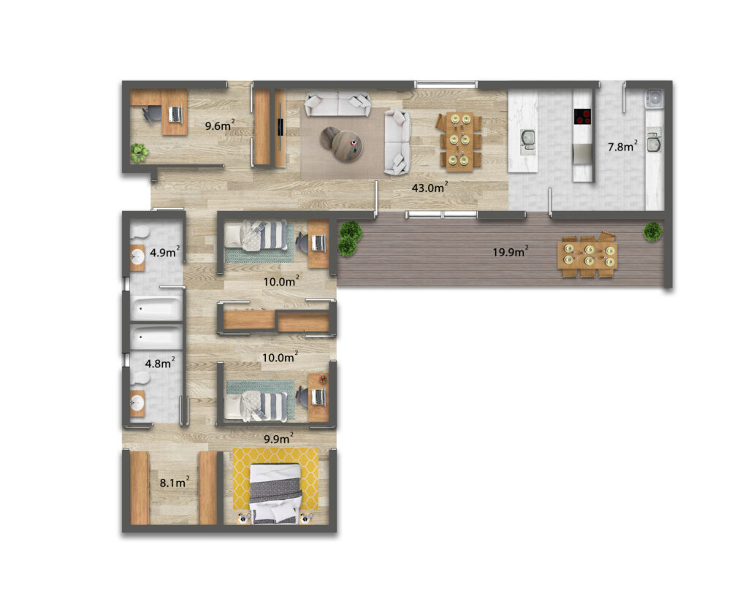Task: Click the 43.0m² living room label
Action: coord(430,188)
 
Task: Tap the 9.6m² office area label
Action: coord(219,126)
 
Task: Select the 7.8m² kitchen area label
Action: coord(622,147)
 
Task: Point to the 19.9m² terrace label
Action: coord(511,251)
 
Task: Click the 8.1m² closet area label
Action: coord(174,483)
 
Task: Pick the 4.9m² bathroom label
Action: coord(164,252)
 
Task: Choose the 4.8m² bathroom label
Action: coord(159,363)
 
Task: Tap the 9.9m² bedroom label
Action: coord(278,438)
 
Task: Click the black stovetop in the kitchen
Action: coord(582,116)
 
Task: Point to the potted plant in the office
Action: coord(140,153)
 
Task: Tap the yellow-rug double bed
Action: coord(275,494)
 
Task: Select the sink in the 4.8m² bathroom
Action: coord(137,403)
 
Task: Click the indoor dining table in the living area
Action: coord(459,142)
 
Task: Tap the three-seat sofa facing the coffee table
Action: coord(337,104)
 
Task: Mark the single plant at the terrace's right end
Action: coord(652,232)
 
